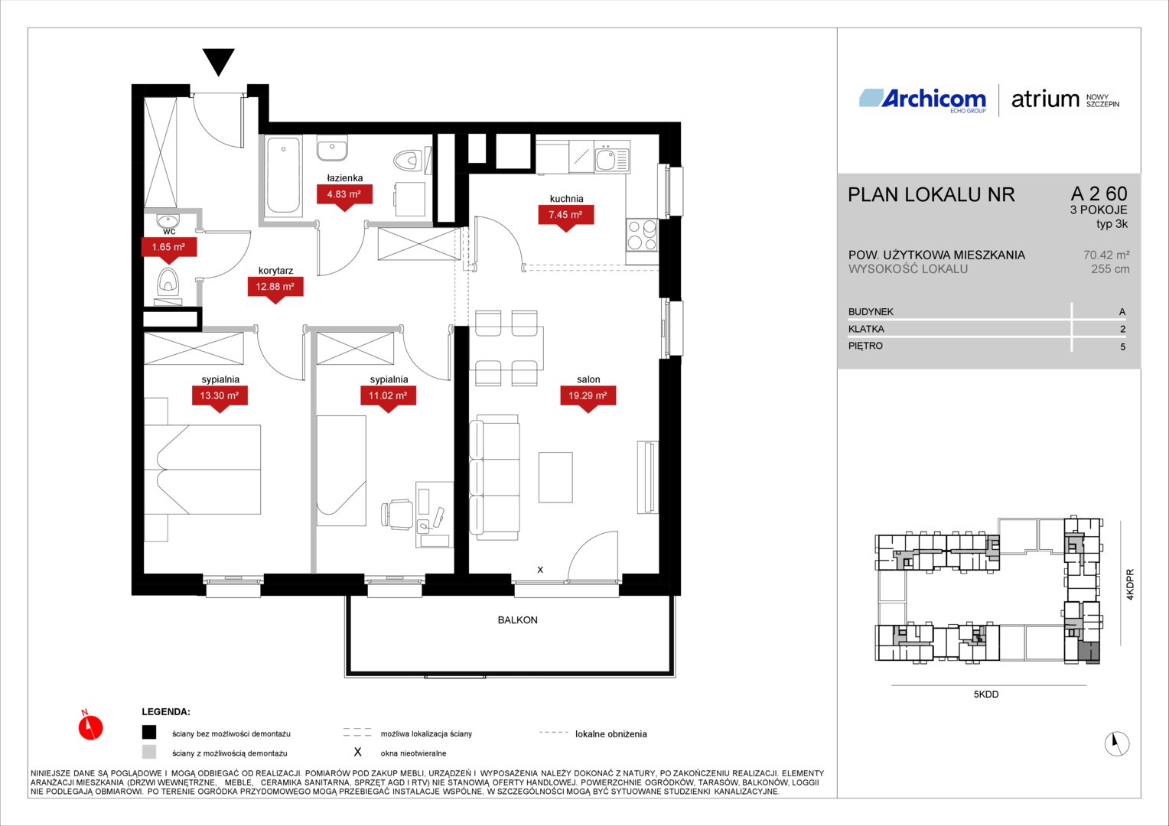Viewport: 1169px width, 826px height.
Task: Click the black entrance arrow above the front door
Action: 218,62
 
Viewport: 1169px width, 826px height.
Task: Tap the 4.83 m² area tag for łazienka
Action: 344,197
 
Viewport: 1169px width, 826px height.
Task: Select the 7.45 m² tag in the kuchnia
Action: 565,217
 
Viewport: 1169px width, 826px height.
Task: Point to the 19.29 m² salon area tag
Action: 588,398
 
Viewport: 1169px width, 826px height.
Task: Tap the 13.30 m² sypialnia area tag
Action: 220,398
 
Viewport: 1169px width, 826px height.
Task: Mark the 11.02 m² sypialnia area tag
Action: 389,398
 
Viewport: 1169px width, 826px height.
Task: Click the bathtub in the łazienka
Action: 283,175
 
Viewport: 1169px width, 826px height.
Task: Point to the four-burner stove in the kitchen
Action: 642,235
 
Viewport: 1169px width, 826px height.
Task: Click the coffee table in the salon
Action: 555,477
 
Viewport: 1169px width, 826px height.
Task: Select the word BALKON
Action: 517,620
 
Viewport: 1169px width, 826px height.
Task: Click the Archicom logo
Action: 923,100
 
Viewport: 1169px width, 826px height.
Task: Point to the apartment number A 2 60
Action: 1099,193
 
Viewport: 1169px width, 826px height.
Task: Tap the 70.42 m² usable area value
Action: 1106,255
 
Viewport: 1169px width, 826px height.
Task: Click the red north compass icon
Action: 90,726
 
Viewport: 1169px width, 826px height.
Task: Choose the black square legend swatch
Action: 149,732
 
